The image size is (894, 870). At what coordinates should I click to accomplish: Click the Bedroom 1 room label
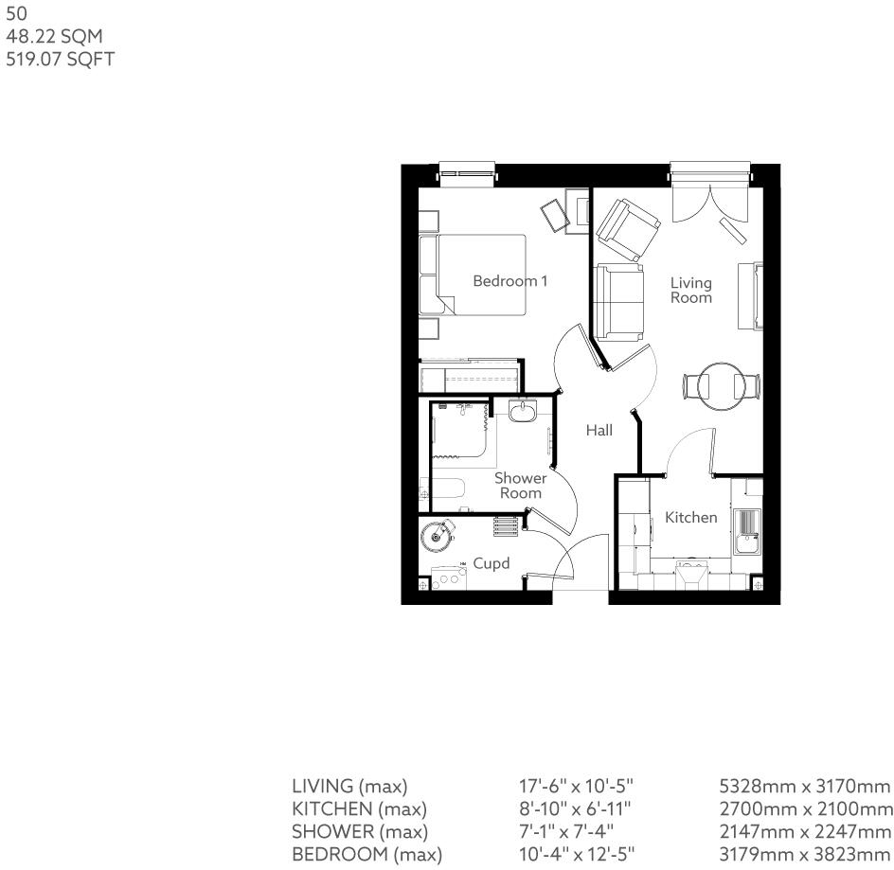click(510, 281)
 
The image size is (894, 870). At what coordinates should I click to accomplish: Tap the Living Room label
click(690, 290)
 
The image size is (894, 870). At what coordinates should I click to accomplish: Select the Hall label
click(599, 430)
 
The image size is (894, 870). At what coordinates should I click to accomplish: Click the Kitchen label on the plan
click(690, 518)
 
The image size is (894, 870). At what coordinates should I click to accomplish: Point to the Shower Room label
click(520, 486)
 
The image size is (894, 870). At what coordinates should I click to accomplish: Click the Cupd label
click(492, 563)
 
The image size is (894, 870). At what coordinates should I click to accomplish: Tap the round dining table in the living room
click(722, 386)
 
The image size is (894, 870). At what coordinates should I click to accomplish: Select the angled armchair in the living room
click(627, 229)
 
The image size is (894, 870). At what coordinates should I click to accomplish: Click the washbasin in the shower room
click(522, 411)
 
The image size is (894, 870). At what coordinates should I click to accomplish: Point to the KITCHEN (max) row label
click(359, 809)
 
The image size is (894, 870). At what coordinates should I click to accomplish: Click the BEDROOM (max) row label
click(367, 855)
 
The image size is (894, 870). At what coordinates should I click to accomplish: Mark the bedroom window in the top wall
click(468, 173)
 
